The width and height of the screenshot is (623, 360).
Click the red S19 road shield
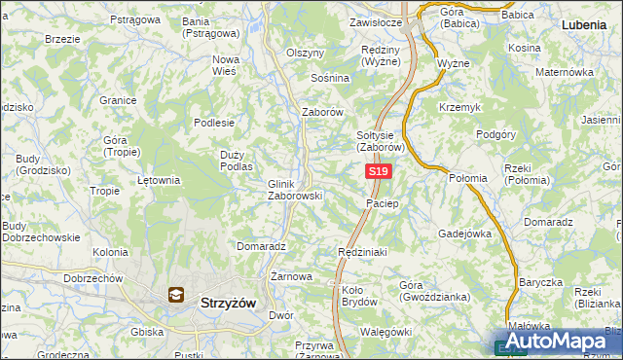coord(380,171)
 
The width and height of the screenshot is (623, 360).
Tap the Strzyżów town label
coord(227,303)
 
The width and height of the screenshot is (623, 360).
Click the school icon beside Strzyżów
coord(176,295)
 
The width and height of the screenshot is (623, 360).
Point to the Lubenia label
coord(587,23)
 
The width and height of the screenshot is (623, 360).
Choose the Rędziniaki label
coord(363,252)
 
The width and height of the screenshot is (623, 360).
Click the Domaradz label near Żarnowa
coord(260,247)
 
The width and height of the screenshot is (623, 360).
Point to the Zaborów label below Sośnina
coord(323,112)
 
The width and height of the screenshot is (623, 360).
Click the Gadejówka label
coord(465,234)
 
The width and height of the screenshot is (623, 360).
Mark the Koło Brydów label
coord(359,296)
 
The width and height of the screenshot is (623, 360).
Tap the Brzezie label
coord(62,39)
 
